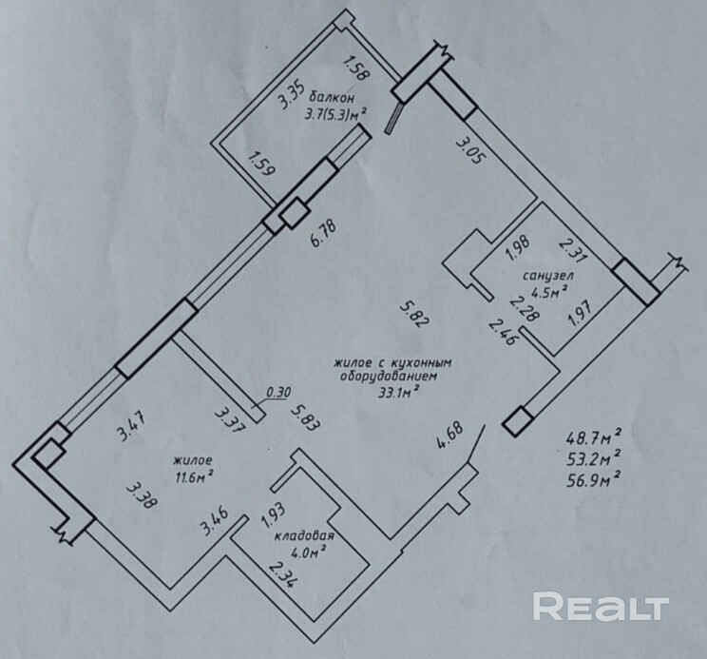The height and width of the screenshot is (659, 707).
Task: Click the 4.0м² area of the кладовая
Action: coord(309,551)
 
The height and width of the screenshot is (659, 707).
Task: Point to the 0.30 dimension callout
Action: coord(279,390)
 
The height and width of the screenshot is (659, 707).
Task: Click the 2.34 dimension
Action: coord(282,575)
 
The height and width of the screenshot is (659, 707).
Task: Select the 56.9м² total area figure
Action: coord(594,476)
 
